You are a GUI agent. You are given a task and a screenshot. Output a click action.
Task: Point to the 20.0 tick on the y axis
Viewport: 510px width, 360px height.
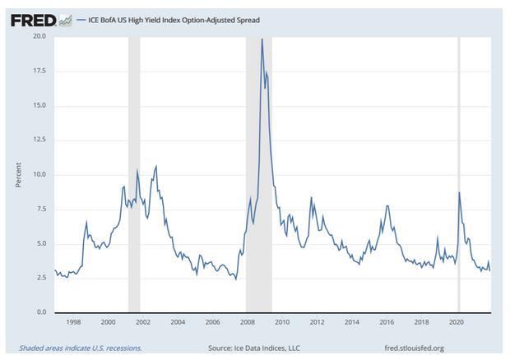39,36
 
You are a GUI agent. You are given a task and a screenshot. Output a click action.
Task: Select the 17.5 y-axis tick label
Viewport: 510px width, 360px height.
39,71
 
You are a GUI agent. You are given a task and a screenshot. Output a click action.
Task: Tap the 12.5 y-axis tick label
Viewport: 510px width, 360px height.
39,105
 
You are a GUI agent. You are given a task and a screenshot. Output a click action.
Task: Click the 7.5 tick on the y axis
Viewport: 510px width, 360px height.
40,210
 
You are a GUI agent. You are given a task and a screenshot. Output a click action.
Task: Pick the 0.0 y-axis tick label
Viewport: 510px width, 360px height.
40,312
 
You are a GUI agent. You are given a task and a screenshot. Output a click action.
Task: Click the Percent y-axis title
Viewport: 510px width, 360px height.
18,174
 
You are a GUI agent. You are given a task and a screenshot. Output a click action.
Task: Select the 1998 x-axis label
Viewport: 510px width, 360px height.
72,322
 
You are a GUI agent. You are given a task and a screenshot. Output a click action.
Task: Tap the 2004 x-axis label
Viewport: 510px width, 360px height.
177,322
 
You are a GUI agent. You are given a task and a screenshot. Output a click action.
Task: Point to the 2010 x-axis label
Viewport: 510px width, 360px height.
282,322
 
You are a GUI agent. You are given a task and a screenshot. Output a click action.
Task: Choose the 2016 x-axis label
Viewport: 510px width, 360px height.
387,322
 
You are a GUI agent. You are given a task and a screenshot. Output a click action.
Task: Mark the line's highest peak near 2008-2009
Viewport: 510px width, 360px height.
262,39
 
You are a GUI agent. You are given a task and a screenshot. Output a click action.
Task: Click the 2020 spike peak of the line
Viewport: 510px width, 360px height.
459,192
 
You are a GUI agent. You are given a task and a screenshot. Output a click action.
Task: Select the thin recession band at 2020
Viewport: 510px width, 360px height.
458,247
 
